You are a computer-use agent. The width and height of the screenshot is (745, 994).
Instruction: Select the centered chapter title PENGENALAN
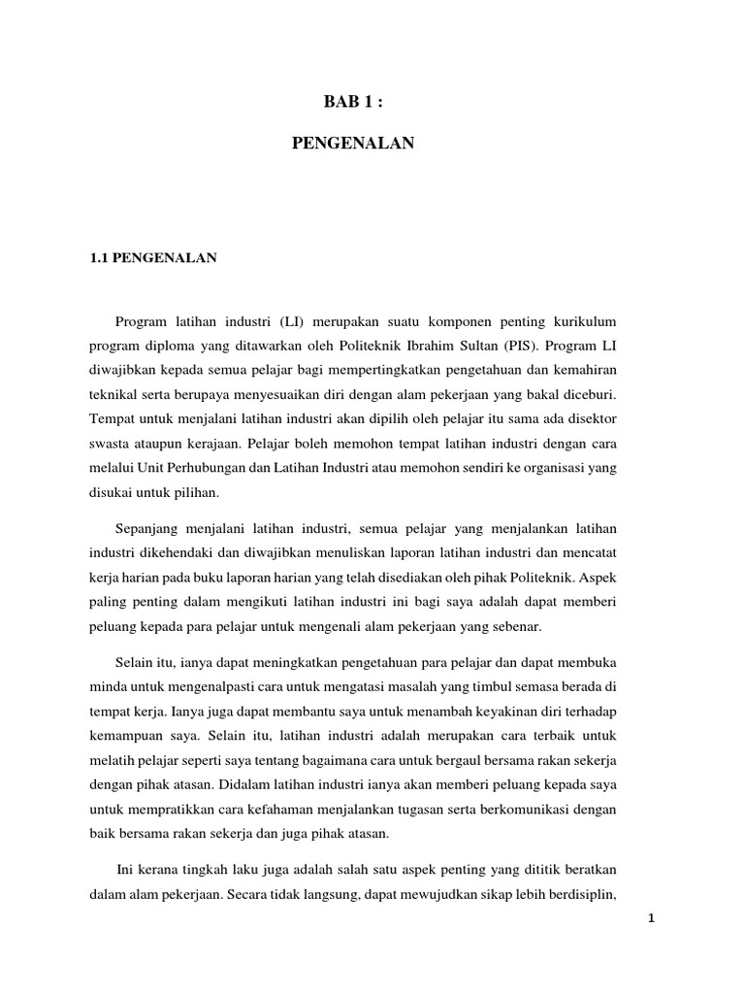pos(353,144)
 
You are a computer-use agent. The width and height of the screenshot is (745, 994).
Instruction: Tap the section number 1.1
pos(98,258)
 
